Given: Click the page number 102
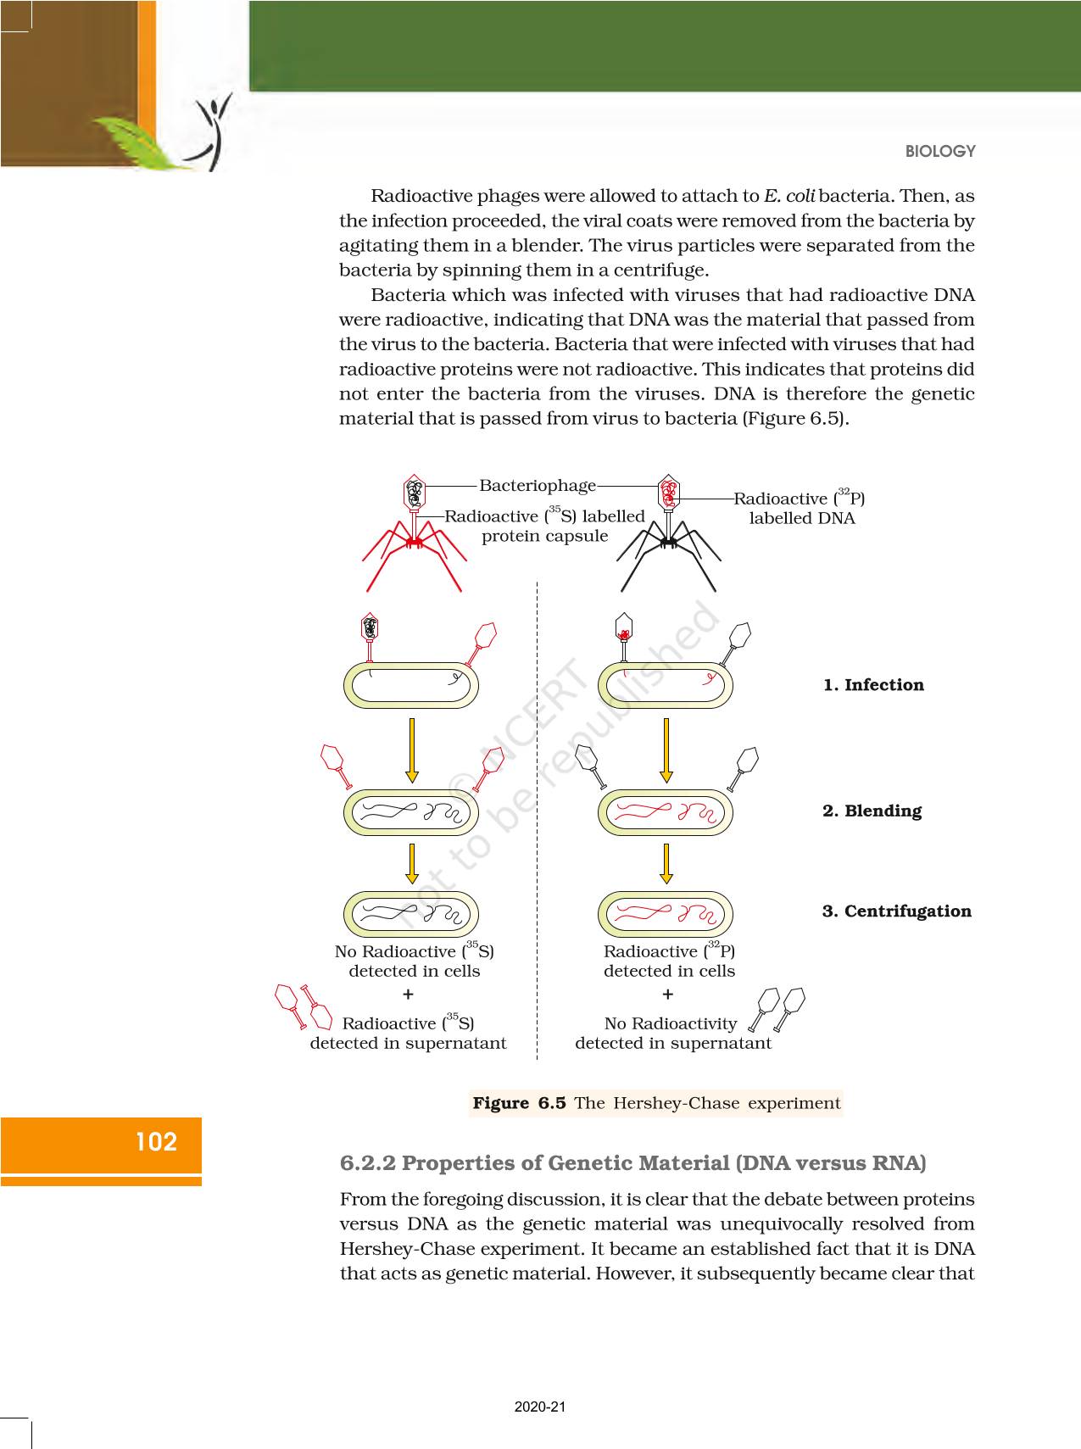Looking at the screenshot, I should [x=156, y=1142].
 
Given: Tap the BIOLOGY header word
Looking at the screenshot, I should [x=940, y=151].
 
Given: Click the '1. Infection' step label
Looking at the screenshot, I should [x=873, y=685].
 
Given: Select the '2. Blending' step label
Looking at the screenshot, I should [x=872, y=811].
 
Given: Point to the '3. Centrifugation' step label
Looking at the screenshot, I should [x=896, y=911].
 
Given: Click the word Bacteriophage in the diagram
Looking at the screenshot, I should [x=538, y=486].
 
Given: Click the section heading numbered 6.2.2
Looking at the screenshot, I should [x=632, y=1163].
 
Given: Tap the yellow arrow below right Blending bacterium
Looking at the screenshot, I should [x=666, y=863].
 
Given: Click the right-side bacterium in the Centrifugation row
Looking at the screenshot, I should [x=666, y=915].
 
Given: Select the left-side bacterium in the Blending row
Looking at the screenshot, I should [x=411, y=812].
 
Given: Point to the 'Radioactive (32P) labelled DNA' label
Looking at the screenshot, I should [x=800, y=508].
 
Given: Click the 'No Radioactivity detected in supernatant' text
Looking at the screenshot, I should [x=672, y=1034].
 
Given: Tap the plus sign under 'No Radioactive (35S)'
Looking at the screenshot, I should [x=408, y=994].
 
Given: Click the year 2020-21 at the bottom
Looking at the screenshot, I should [x=540, y=1407].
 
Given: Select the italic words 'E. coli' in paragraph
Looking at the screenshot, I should [x=788, y=196].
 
